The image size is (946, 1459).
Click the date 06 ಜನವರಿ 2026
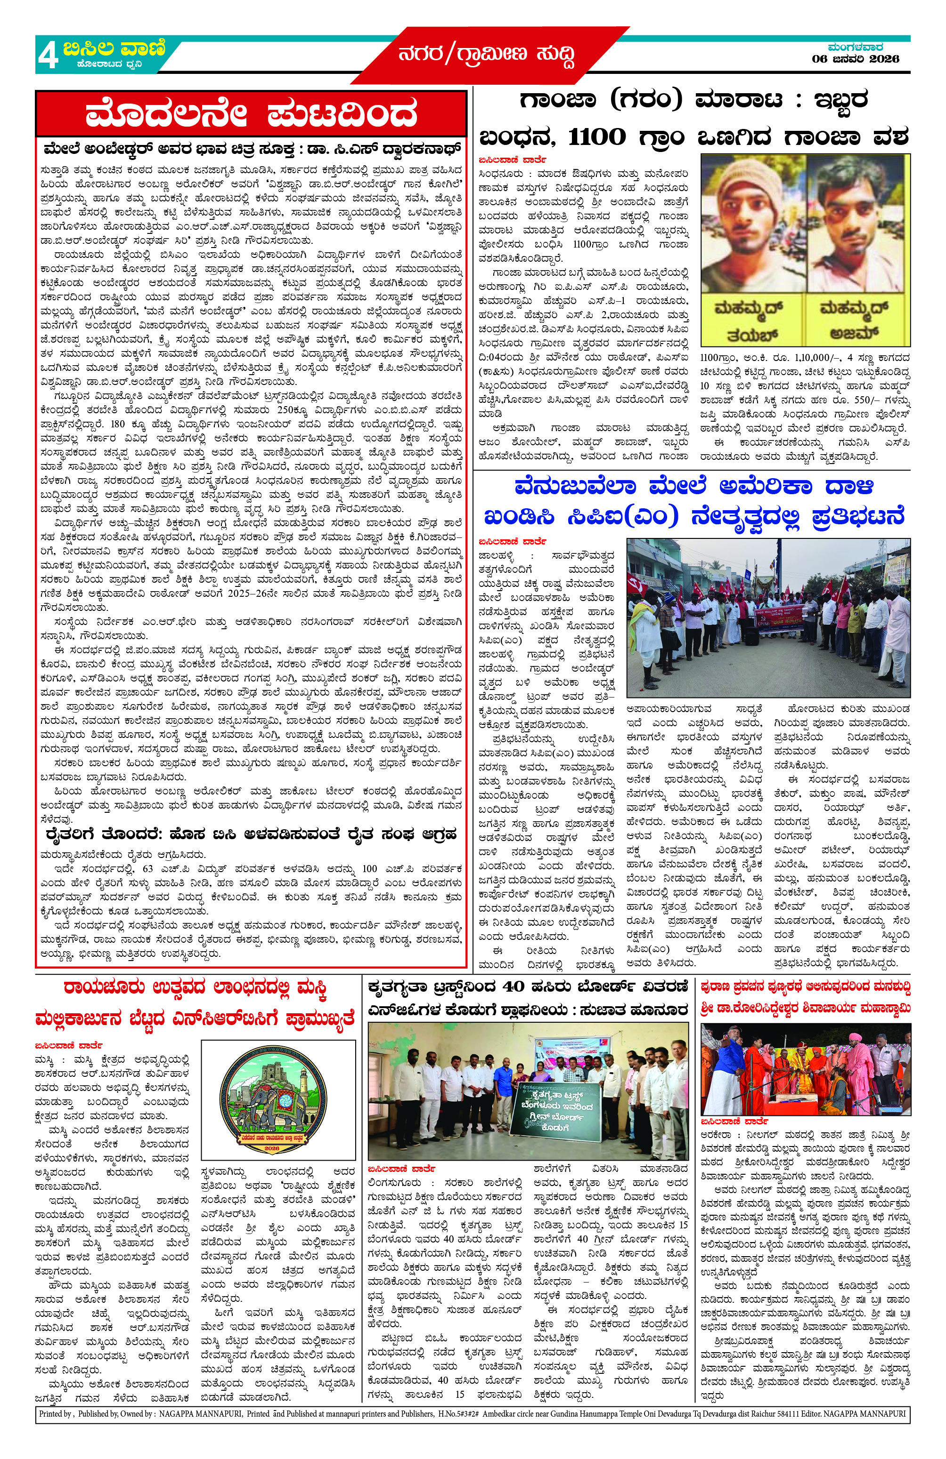[855, 59]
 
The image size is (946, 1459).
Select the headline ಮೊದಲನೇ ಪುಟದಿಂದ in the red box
[251, 114]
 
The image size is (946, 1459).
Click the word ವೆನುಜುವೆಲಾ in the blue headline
[575, 487]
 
